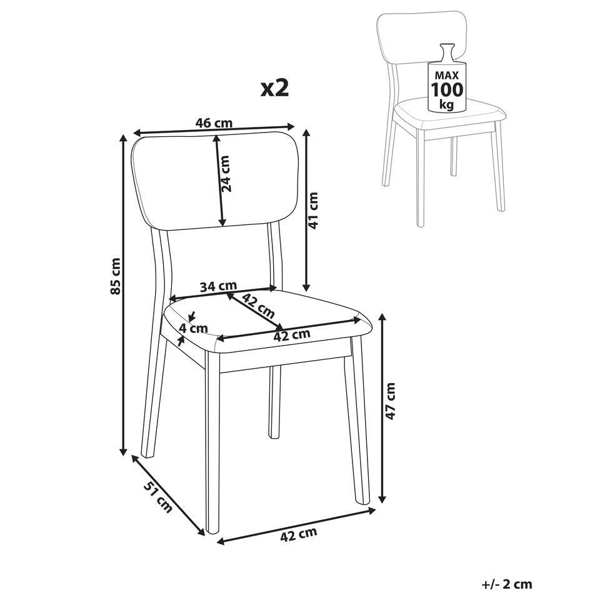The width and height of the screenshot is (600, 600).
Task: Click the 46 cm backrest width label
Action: (214, 123)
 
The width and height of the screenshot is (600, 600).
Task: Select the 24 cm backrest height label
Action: (226, 173)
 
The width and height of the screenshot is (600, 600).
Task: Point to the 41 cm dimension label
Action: (313, 211)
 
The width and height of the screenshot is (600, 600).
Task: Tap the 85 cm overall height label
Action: (115, 276)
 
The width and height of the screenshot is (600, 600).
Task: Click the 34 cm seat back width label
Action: (219, 286)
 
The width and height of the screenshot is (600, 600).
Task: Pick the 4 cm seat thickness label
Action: (194, 328)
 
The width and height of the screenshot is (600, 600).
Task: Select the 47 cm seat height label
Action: (390, 401)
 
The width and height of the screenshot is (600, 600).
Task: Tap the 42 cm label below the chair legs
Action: (299, 534)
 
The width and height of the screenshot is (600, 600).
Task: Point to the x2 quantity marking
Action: (274, 88)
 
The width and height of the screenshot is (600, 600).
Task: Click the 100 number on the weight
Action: (447, 89)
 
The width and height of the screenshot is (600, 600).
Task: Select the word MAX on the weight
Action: (446, 76)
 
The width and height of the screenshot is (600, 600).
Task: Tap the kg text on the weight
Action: (446, 104)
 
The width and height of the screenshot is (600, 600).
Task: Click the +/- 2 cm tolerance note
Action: (507, 584)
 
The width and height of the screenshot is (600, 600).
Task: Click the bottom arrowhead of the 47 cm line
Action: (381, 499)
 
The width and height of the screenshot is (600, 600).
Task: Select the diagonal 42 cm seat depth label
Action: (258, 306)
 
